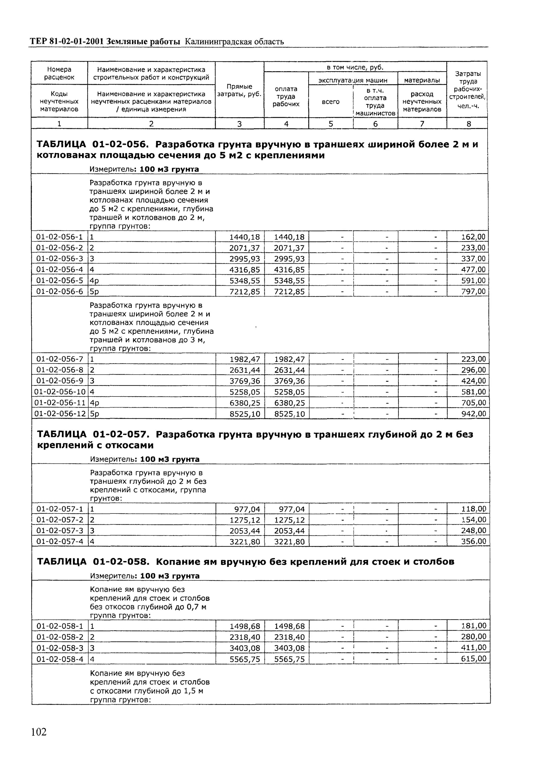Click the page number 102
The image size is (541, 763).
[39, 732]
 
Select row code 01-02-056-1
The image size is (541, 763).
[59, 237]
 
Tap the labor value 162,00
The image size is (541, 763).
[473, 237]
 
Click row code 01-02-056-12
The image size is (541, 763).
[60, 414]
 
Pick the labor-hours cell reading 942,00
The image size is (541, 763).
[473, 414]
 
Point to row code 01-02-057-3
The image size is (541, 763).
[60, 531]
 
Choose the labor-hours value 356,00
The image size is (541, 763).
[473, 541]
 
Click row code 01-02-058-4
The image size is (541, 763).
[60, 659]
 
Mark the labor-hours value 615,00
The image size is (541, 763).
[474, 658]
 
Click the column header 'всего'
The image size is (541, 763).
[330, 101]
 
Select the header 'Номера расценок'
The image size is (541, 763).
[59, 73]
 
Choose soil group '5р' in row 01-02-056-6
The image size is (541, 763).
[95, 292]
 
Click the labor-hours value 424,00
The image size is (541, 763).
[473, 381]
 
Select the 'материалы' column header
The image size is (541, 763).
[422, 80]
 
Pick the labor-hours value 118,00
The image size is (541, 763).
[473, 509]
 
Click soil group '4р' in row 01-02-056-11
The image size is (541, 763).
[95, 403]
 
